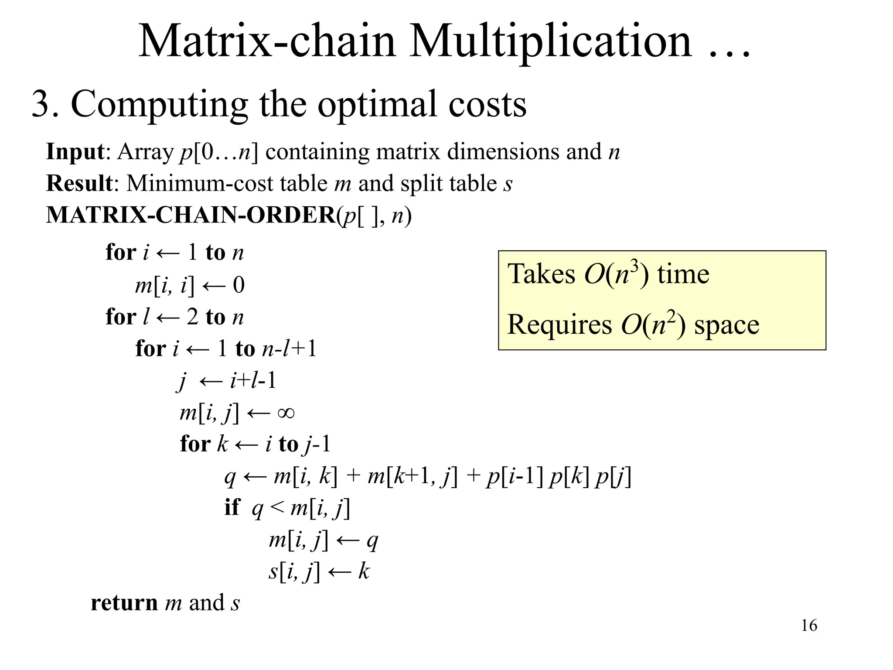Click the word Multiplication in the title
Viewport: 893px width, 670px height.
point(550,41)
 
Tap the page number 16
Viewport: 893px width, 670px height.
point(809,626)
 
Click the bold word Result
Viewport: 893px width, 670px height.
point(79,183)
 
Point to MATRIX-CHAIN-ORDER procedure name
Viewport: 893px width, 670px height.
point(191,215)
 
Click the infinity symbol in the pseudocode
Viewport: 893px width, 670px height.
point(286,412)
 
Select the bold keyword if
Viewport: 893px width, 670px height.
point(232,507)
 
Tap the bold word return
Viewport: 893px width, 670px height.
point(124,603)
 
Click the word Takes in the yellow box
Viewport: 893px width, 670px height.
point(541,274)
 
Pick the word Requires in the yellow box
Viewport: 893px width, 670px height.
point(559,325)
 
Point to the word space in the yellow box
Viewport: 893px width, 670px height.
point(726,325)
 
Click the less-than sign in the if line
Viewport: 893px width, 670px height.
point(277,507)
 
